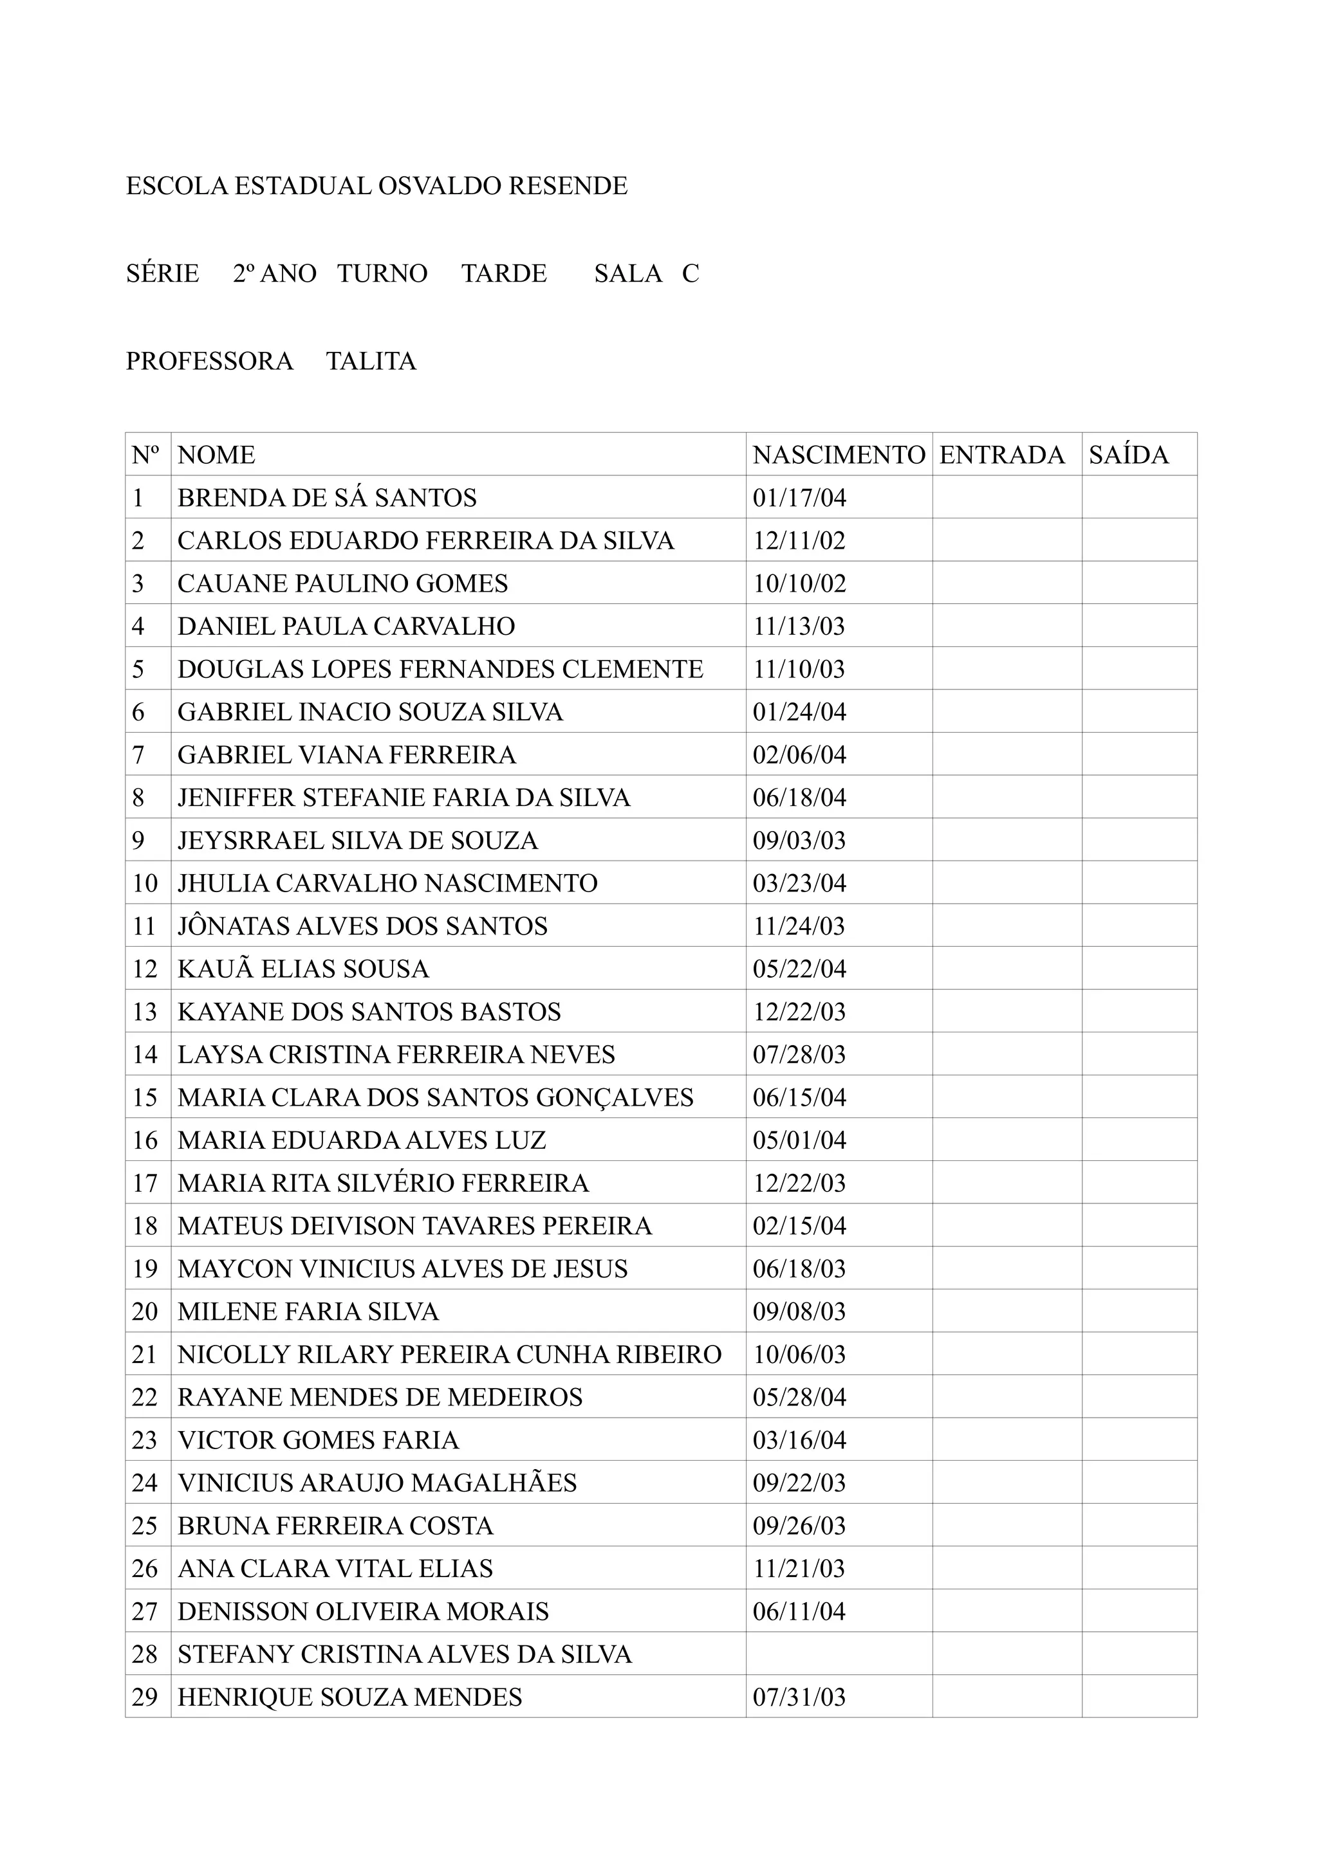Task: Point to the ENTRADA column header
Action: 1001,455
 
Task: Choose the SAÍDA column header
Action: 1128,455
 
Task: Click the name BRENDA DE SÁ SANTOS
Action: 328,498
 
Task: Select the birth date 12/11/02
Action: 799,541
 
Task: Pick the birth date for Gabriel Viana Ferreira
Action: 799,755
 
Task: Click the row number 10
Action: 145,883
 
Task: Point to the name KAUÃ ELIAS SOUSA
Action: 303,969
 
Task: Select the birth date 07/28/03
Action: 799,1055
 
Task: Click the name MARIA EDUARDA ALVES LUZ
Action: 362,1140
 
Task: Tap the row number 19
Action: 145,1269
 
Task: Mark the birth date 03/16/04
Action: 799,1440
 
